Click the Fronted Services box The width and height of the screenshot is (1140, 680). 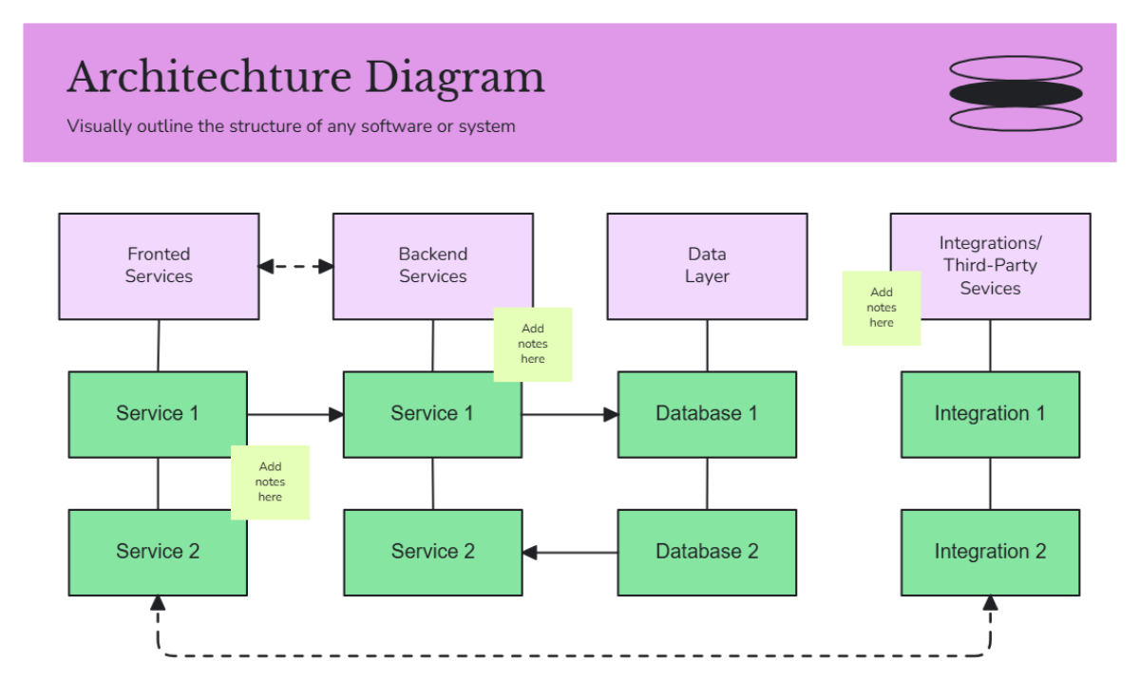pos(159,266)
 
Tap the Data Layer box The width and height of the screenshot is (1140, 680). pos(707,266)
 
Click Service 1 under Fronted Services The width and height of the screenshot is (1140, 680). pos(158,414)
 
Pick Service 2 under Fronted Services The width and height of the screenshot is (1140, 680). pos(158,553)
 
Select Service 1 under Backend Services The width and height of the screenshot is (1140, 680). pos(432,414)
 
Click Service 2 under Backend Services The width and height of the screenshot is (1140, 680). pos(432,553)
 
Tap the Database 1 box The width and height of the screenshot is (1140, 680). pos(707,414)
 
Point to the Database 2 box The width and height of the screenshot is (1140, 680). pos(707,553)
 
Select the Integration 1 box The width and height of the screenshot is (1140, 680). pos(990,414)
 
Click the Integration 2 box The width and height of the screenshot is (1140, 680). pos(990,553)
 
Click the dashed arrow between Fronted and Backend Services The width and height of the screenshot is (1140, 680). pos(295,267)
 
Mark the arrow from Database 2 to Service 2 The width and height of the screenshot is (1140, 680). pos(570,553)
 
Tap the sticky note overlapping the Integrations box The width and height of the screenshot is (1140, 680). pos(881,308)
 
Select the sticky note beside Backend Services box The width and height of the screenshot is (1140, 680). pos(533,344)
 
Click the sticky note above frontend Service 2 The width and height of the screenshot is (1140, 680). pos(270,482)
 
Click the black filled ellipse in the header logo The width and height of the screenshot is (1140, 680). pos(1016,93)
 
